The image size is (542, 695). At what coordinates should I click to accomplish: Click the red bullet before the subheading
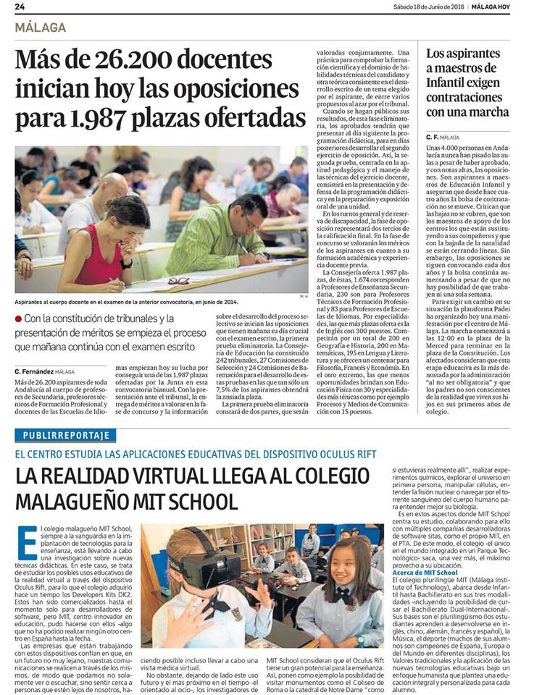point(18,319)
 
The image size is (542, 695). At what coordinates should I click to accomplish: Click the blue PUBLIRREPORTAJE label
point(66,436)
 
